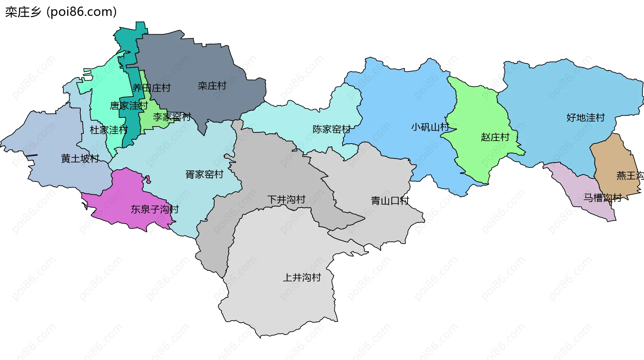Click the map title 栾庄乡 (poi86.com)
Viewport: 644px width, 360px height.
tap(61, 12)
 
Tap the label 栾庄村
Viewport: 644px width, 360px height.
tap(212, 86)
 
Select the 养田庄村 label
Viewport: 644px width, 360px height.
tap(152, 88)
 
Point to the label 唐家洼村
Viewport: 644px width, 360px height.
tap(129, 106)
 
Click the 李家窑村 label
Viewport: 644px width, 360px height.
tap(172, 117)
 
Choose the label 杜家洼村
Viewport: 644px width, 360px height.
tap(109, 130)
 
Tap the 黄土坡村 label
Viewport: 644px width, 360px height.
tap(80, 158)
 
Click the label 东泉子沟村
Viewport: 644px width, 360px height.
tap(155, 209)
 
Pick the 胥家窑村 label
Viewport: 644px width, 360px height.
tap(204, 174)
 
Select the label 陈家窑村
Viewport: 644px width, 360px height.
tap(331, 129)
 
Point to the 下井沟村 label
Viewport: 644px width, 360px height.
tap(286, 200)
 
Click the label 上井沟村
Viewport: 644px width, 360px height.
tap(302, 277)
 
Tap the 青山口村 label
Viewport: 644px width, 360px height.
tap(390, 201)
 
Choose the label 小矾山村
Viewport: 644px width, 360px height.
tap(430, 127)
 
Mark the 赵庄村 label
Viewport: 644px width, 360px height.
tap(495, 137)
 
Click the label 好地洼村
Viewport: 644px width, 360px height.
tap(585, 117)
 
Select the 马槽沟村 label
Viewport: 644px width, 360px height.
tap(602, 198)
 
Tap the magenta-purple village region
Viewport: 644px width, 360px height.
tap(124, 195)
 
